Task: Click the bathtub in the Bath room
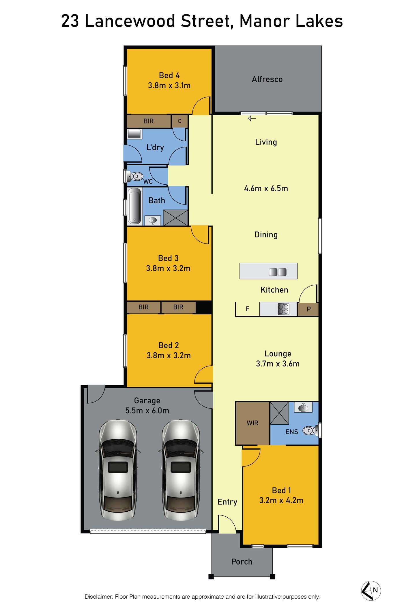point(135,206)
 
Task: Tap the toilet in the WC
point(135,176)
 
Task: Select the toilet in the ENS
point(310,431)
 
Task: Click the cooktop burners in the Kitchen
point(283,309)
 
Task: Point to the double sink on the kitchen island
point(278,272)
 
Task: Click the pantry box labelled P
point(308,309)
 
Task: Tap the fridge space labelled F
point(248,309)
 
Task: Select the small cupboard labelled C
point(179,121)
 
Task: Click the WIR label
point(253,423)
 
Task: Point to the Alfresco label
point(267,79)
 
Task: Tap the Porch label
point(242,561)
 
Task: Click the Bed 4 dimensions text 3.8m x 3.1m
point(169,86)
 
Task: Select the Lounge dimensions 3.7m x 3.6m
point(278,364)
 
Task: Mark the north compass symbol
point(371,591)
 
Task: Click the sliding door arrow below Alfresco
point(252,118)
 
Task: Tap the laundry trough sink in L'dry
point(134,134)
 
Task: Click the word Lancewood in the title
point(130,21)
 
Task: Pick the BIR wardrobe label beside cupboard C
point(149,121)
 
